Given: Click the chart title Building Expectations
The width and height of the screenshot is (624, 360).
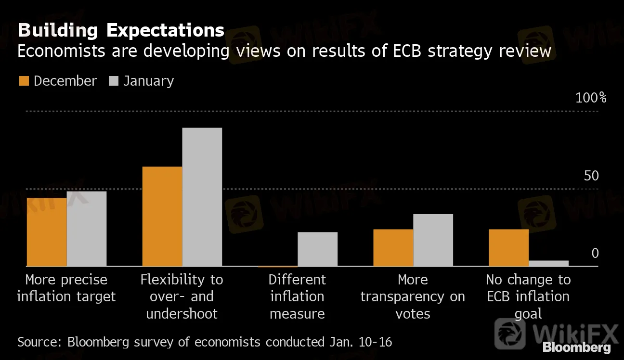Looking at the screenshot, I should click(121, 30).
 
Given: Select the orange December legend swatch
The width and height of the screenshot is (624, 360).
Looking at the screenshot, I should click(24, 81).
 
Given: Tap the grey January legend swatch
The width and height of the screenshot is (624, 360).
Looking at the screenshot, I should click(114, 81).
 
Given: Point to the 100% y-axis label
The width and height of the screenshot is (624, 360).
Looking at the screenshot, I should click(591, 98).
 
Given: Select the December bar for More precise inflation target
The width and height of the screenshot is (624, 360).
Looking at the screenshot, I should click(47, 232).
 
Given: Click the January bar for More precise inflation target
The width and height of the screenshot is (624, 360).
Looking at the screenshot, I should click(87, 229).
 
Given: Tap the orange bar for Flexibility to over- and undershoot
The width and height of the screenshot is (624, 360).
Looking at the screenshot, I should click(162, 217).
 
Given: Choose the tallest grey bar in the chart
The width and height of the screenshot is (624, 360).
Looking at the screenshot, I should click(202, 197).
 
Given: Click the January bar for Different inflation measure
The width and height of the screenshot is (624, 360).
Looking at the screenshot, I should click(317, 249).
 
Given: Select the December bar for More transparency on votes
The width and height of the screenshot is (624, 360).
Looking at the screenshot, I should click(393, 247).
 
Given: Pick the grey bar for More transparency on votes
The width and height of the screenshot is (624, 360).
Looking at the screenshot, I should click(433, 240).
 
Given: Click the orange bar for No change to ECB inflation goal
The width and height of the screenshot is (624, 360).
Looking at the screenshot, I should click(508, 247).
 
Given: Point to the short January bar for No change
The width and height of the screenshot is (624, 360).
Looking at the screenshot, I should click(548, 263).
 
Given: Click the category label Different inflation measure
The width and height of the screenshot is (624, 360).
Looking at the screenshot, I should click(297, 296).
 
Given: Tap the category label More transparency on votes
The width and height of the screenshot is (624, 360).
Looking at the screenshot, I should click(413, 296).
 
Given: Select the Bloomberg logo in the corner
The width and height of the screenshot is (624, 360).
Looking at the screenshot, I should click(576, 347).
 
